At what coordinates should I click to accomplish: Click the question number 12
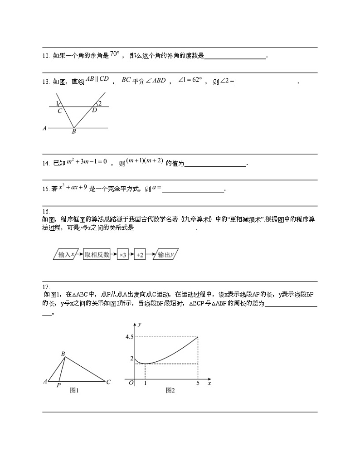pos(45,56)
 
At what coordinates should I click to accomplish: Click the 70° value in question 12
pos(115,54)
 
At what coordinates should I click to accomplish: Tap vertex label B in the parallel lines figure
pos(73,132)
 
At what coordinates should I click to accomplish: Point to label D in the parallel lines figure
pos(94,110)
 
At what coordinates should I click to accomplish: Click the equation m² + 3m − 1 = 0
pos(86,161)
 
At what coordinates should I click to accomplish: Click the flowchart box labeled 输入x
pos(66,255)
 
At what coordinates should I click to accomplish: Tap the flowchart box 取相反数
pos(97,255)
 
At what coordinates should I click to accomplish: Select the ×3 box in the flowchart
pos(122,255)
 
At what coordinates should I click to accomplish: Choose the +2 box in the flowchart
pos(140,255)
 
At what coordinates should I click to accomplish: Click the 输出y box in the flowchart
pos(165,255)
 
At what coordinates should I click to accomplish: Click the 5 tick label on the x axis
pos(198,383)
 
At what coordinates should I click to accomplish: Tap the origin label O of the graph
pos(131,383)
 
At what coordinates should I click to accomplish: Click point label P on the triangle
pos(58,386)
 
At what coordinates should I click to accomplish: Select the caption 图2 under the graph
pos(170,390)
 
